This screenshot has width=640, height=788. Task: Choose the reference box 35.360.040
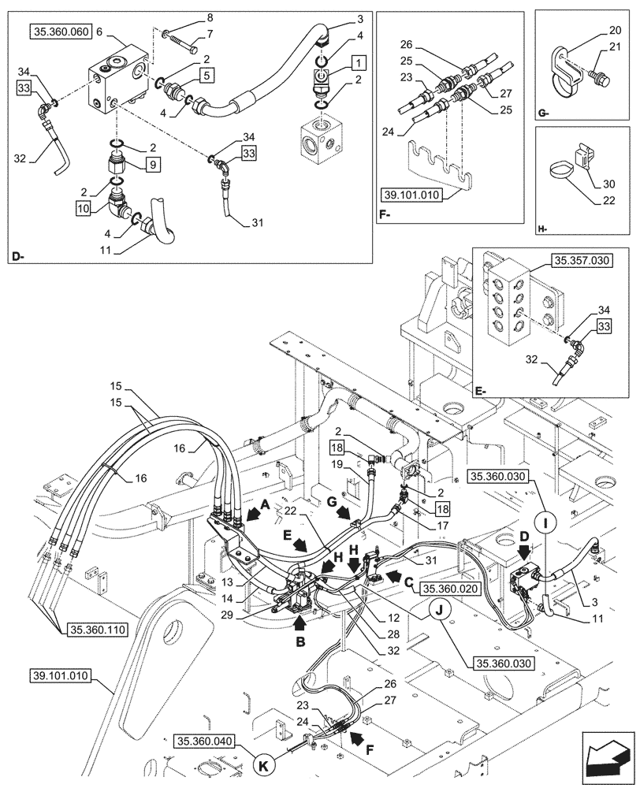(207, 741)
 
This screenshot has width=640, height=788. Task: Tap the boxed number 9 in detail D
(152, 164)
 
